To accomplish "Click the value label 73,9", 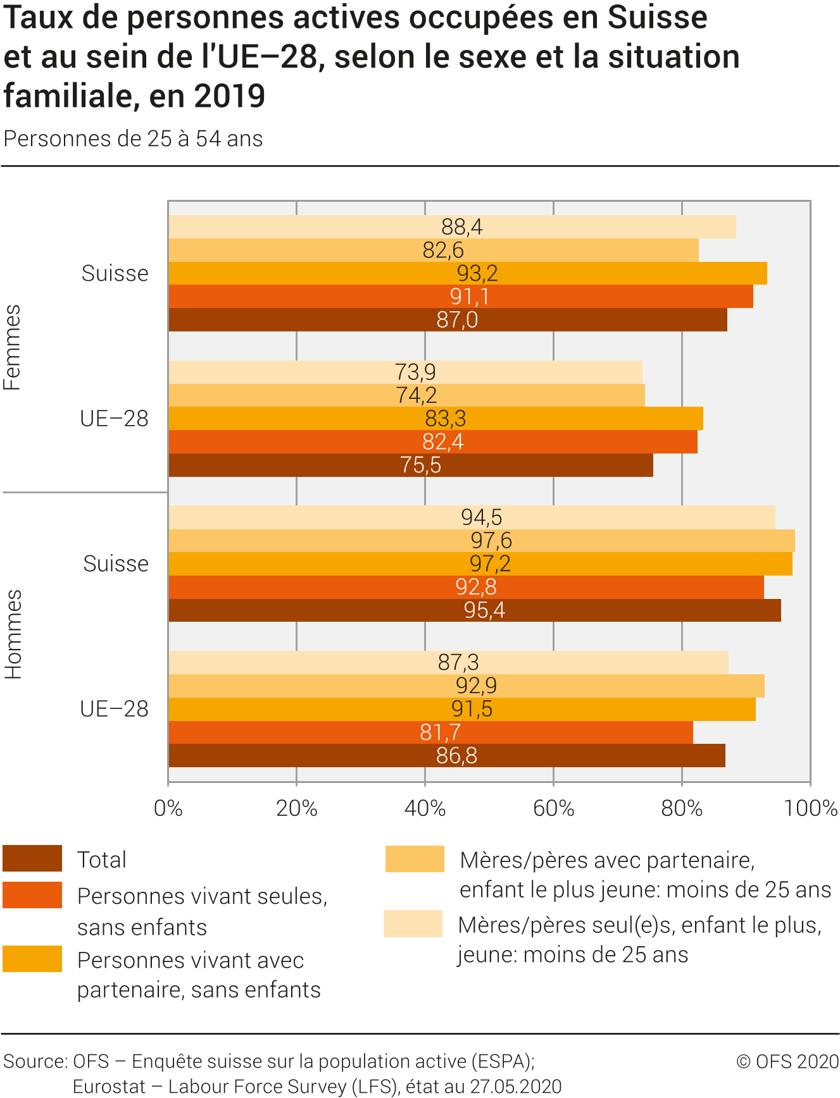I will point(415,372).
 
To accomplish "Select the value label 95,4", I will point(484,610).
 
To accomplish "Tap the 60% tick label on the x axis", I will point(553,808).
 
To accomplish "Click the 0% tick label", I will point(168,808).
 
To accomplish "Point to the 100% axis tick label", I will point(811,808).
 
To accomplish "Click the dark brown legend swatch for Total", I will point(32,859).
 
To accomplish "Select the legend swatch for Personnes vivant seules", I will point(32,895).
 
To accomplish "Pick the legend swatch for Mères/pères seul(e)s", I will point(413,923).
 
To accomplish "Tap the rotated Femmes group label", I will point(13,347).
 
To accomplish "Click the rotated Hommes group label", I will point(13,634).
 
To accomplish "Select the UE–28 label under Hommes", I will point(115,709).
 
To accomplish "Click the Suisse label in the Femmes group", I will point(115,273).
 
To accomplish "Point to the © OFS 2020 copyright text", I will point(787,1061).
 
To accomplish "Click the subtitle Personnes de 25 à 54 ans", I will point(133,139).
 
